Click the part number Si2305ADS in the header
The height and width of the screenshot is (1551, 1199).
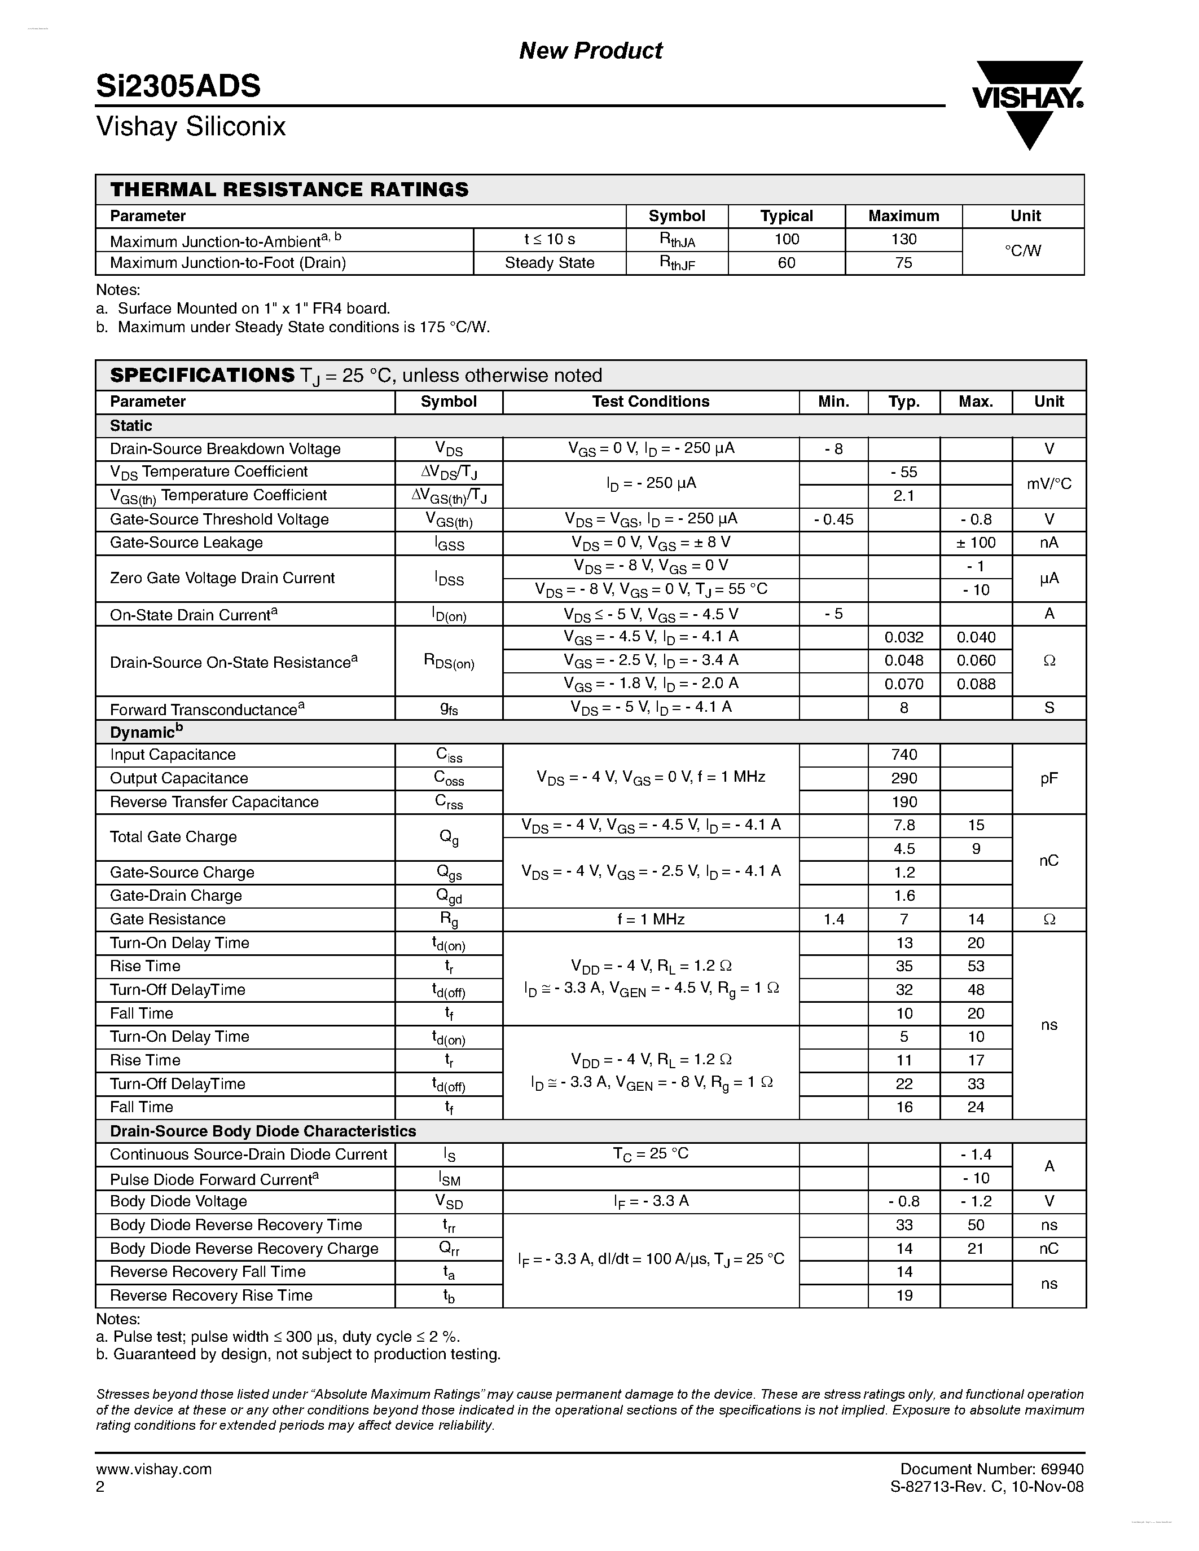(x=178, y=86)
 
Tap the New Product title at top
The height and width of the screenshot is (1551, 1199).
(x=590, y=50)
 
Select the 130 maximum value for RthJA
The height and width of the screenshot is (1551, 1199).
(x=903, y=239)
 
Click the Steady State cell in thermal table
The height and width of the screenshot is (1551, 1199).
(x=549, y=263)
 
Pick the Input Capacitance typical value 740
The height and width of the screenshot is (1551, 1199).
(x=903, y=754)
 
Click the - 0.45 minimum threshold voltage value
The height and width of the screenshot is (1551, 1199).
(x=833, y=519)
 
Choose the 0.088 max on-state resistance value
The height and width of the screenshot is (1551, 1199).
(x=976, y=684)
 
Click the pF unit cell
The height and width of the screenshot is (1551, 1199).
(x=1048, y=778)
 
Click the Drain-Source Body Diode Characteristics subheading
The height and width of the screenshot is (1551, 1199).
(x=263, y=1131)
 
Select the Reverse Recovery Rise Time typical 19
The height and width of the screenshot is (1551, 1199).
(x=903, y=1296)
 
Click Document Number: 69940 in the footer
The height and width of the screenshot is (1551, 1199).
(x=991, y=1469)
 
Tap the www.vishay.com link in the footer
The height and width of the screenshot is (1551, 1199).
(x=154, y=1469)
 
